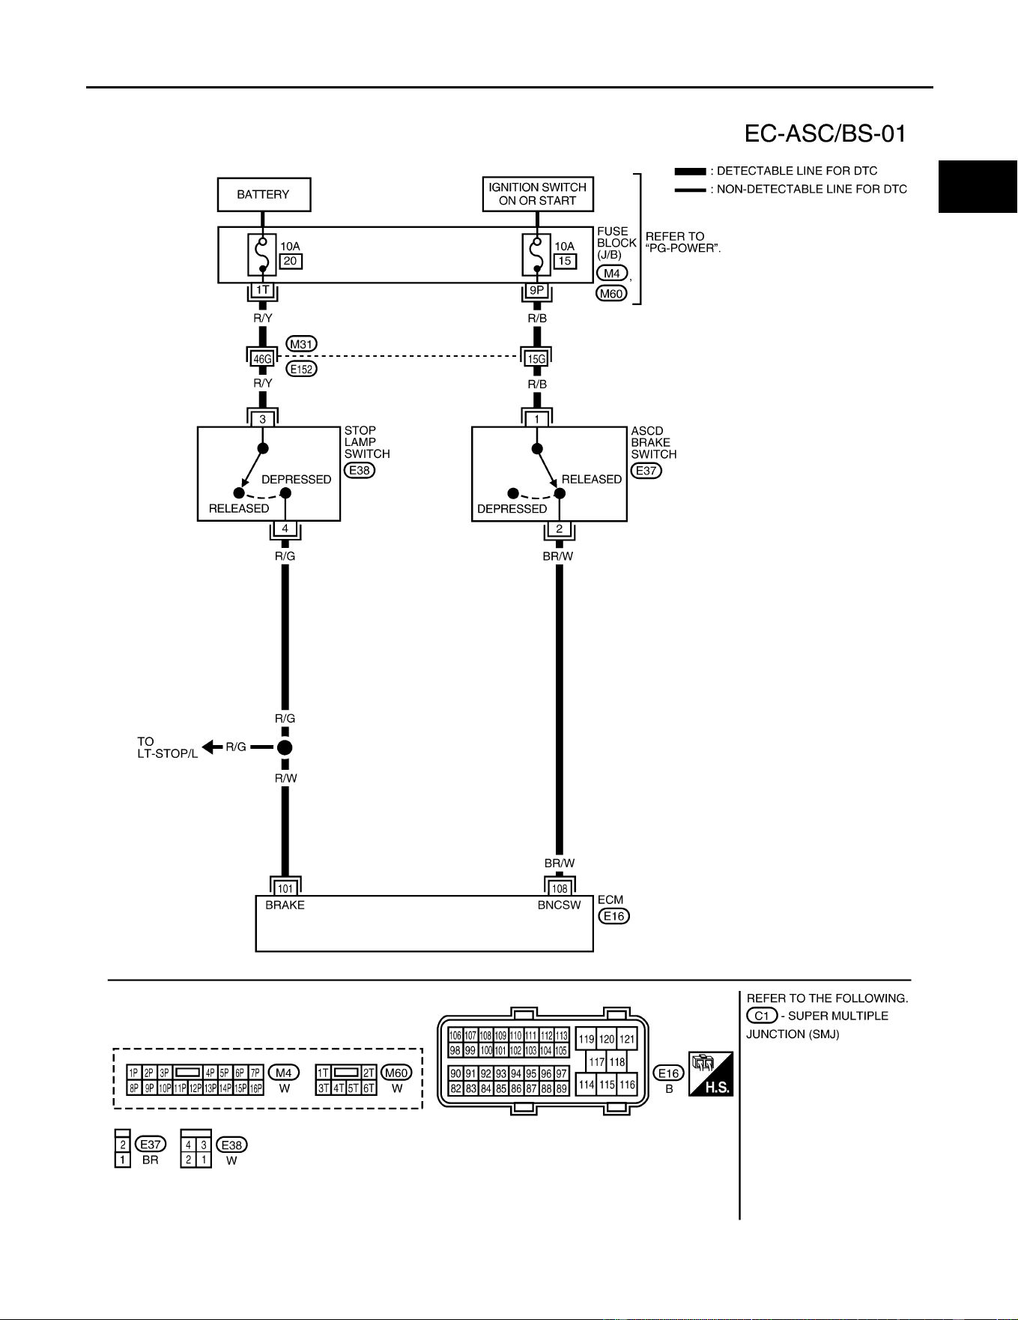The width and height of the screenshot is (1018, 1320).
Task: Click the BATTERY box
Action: point(264,195)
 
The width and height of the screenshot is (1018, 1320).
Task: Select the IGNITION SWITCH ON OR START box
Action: point(538,194)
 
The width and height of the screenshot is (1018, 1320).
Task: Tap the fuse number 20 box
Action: point(291,261)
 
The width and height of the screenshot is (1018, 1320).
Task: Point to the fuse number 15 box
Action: point(565,261)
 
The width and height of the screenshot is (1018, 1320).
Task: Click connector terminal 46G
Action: point(262,359)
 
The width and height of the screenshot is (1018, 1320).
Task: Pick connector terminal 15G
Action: point(536,359)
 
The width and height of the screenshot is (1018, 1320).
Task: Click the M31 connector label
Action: point(302,344)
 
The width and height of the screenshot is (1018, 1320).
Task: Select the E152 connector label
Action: point(302,369)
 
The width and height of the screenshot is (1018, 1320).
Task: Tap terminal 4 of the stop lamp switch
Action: point(285,528)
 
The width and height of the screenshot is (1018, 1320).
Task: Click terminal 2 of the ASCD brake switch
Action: point(559,528)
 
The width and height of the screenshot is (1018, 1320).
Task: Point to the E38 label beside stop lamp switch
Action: point(360,471)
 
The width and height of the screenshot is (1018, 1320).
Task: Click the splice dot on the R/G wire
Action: point(285,747)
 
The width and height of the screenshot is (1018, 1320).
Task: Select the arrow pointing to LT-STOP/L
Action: point(213,747)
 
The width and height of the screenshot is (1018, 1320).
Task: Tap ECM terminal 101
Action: point(285,889)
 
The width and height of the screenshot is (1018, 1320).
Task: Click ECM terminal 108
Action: point(560,889)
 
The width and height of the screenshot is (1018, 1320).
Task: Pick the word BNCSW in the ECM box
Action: point(559,905)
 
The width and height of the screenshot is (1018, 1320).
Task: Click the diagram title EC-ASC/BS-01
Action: point(825,133)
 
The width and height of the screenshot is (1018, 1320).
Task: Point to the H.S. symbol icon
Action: point(711,1073)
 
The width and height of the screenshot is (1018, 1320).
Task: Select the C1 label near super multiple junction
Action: point(762,1016)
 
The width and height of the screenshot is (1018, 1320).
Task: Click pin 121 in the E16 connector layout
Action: point(627,1040)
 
